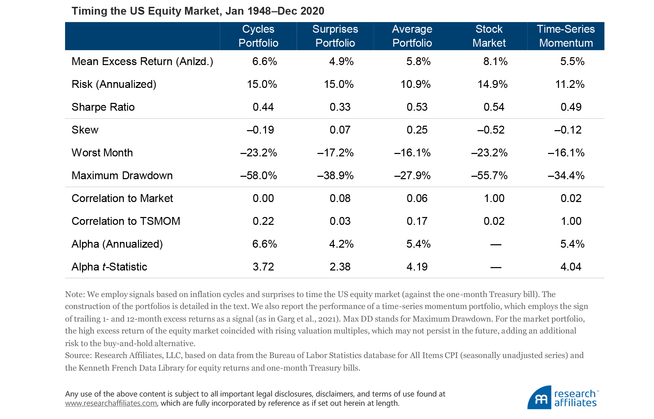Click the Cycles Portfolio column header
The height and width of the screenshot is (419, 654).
(258, 36)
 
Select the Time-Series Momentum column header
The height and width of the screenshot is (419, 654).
(566, 36)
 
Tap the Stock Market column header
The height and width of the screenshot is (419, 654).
(489, 36)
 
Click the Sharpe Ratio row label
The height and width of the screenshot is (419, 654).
(103, 107)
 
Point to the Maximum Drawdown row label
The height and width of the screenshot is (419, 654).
(122, 175)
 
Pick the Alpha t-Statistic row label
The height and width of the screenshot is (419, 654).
(109, 267)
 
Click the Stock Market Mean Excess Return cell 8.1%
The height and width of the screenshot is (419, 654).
(495, 61)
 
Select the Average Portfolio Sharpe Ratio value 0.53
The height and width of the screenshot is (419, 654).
(417, 107)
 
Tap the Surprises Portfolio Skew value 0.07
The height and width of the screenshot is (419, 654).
(340, 130)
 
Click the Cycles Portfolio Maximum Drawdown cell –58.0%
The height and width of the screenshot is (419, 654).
(259, 175)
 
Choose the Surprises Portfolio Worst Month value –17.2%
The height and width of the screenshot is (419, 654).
(336, 153)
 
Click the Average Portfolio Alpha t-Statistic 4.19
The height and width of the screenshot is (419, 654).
(417, 267)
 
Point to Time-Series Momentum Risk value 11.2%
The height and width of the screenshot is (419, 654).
(570, 84)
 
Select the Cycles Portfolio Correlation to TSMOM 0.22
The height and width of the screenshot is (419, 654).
(263, 221)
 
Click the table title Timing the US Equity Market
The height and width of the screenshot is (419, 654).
(198, 11)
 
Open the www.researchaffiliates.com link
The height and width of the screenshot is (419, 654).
(111, 403)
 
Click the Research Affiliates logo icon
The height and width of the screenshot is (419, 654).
(540, 398)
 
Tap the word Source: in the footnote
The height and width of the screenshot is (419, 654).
(78, 355)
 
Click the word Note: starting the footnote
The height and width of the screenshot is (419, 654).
(75, 294)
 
